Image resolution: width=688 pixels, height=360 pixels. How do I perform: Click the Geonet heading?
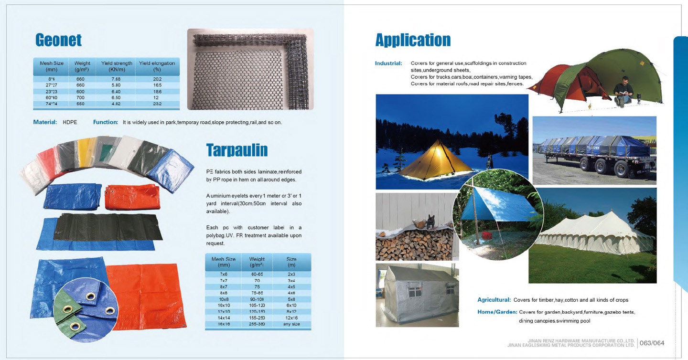click(58, 40)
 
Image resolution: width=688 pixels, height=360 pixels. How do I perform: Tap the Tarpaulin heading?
click(237, 150)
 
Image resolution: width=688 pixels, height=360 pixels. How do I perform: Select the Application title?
click(413, 40)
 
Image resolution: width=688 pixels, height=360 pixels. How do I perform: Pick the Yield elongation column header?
click(157, 66)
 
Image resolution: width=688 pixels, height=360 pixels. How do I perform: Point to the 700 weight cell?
click(80, 97)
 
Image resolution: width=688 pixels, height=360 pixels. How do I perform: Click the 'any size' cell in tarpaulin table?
click(291, 324)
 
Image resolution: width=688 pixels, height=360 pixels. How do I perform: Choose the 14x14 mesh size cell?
click(224, 318)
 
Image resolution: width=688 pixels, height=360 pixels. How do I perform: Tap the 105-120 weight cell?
click(257, 305)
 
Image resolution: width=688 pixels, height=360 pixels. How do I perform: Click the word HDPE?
click(69, 123)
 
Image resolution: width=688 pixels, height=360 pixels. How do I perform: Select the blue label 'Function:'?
click(106, 123)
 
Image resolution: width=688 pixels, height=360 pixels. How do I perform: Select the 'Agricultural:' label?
click(494, 300)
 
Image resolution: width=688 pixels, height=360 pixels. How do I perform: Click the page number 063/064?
click(652, 343)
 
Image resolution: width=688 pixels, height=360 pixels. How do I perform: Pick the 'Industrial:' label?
click(388, 64)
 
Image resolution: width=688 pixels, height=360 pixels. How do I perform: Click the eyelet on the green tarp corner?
click(75, 326)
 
